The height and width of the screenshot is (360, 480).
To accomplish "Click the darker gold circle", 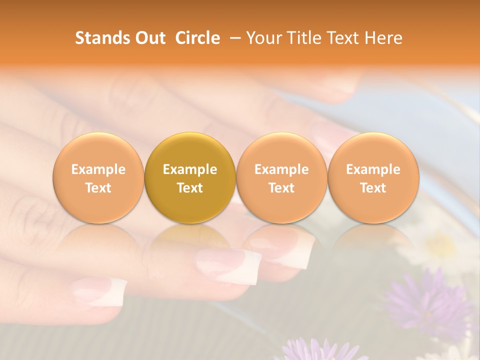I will coord(190,177).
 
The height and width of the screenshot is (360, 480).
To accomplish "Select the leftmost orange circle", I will coord(98,177).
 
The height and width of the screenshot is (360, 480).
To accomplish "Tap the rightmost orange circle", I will coord(373,177).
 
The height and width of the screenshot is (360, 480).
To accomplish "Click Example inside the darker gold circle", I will coord(190,169).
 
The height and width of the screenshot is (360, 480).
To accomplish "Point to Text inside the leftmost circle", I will coord(98,188).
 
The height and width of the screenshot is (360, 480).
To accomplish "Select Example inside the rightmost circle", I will coord(373,169).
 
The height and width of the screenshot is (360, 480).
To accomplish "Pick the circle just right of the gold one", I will coord(281,177).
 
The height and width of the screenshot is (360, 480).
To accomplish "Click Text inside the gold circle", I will coord(190,188).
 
